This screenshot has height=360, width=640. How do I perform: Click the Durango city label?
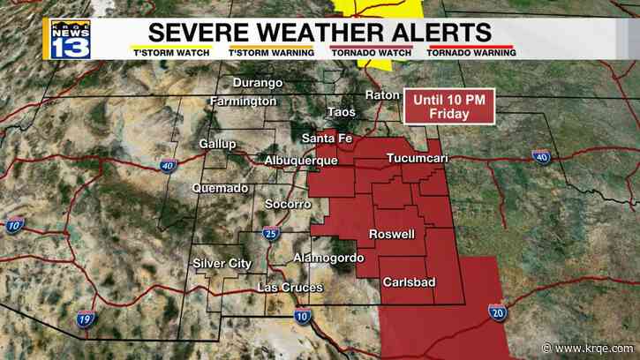coord(258,83)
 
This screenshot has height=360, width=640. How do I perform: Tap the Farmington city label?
coord(243,102)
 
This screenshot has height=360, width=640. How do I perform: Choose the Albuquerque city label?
coord(301,161)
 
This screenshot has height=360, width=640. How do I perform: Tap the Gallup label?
coord(218,144)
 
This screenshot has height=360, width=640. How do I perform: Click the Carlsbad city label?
coord(409,282)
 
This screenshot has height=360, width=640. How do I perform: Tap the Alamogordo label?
coord(328,258)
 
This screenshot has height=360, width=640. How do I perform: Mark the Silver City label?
coord(222,263)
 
